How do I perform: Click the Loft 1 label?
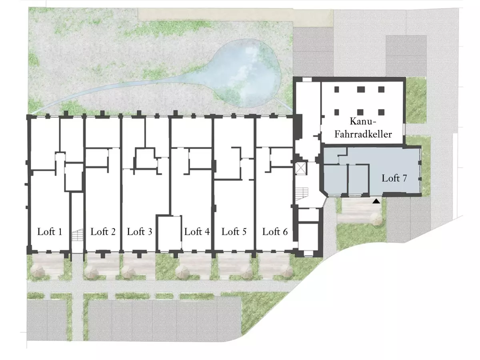tap(50, 232)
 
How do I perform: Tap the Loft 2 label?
tap(103, 232)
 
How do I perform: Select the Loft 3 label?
tap(140, 232)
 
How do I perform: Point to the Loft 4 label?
tap(197, 232)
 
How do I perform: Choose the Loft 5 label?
tap(234, 232)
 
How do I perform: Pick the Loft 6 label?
tap(275, 232)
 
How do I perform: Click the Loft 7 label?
tap(394, 178)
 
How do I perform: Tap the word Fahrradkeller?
tap(363, 134)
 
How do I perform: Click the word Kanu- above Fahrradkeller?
tap(363, 121)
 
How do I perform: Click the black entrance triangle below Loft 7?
tap(376, 201)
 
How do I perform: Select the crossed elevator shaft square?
tap(301, 168)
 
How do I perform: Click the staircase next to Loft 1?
tap(78, 235)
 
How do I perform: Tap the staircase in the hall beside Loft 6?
tap(302, 194)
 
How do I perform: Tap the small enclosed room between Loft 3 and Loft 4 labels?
tap(170, 233)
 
